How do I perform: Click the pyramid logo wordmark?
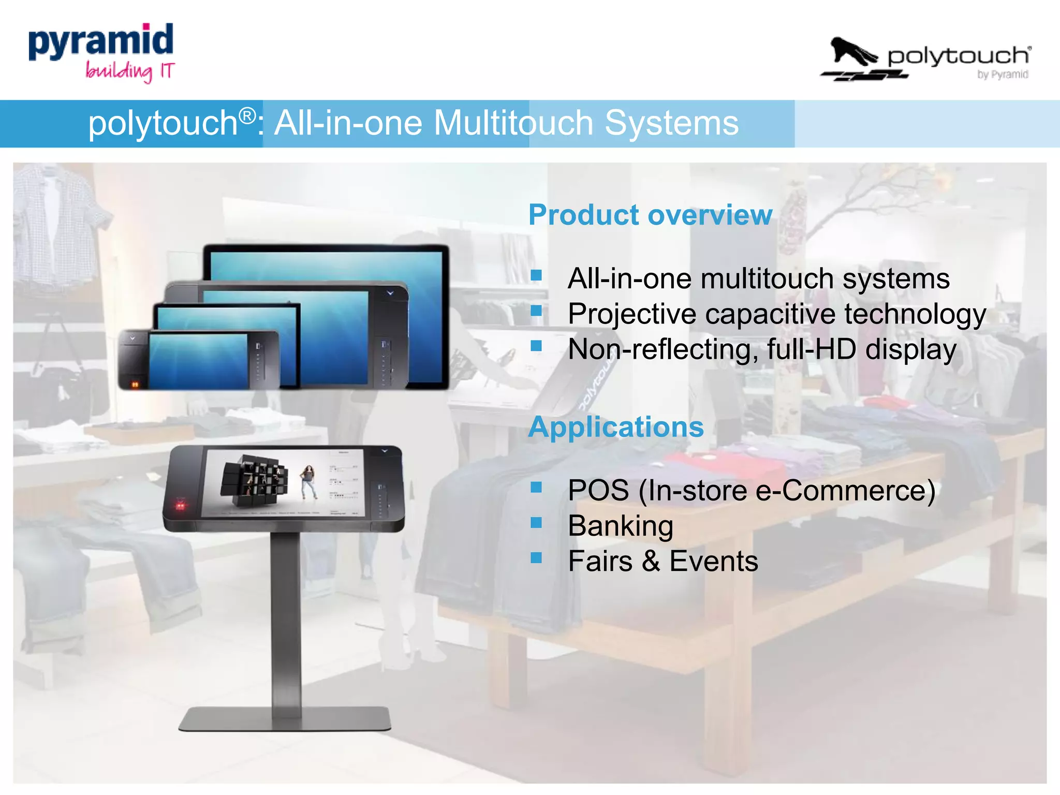coord(101,41)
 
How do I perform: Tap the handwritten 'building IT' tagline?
coord(130,71)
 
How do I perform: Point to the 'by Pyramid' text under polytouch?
coord(1002,75)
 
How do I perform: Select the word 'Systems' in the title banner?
coord(671,123)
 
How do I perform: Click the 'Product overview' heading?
coord(650,215)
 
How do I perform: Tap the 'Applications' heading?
coord(616,427)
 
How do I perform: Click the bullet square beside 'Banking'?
coord(536,523)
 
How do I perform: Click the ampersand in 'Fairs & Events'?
coord(651,561)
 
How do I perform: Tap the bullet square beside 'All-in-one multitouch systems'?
coord(536,275)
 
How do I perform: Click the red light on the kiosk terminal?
coord(180,504)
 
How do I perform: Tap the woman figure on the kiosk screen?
coord(308,481)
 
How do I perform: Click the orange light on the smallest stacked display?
coord(135,385)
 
